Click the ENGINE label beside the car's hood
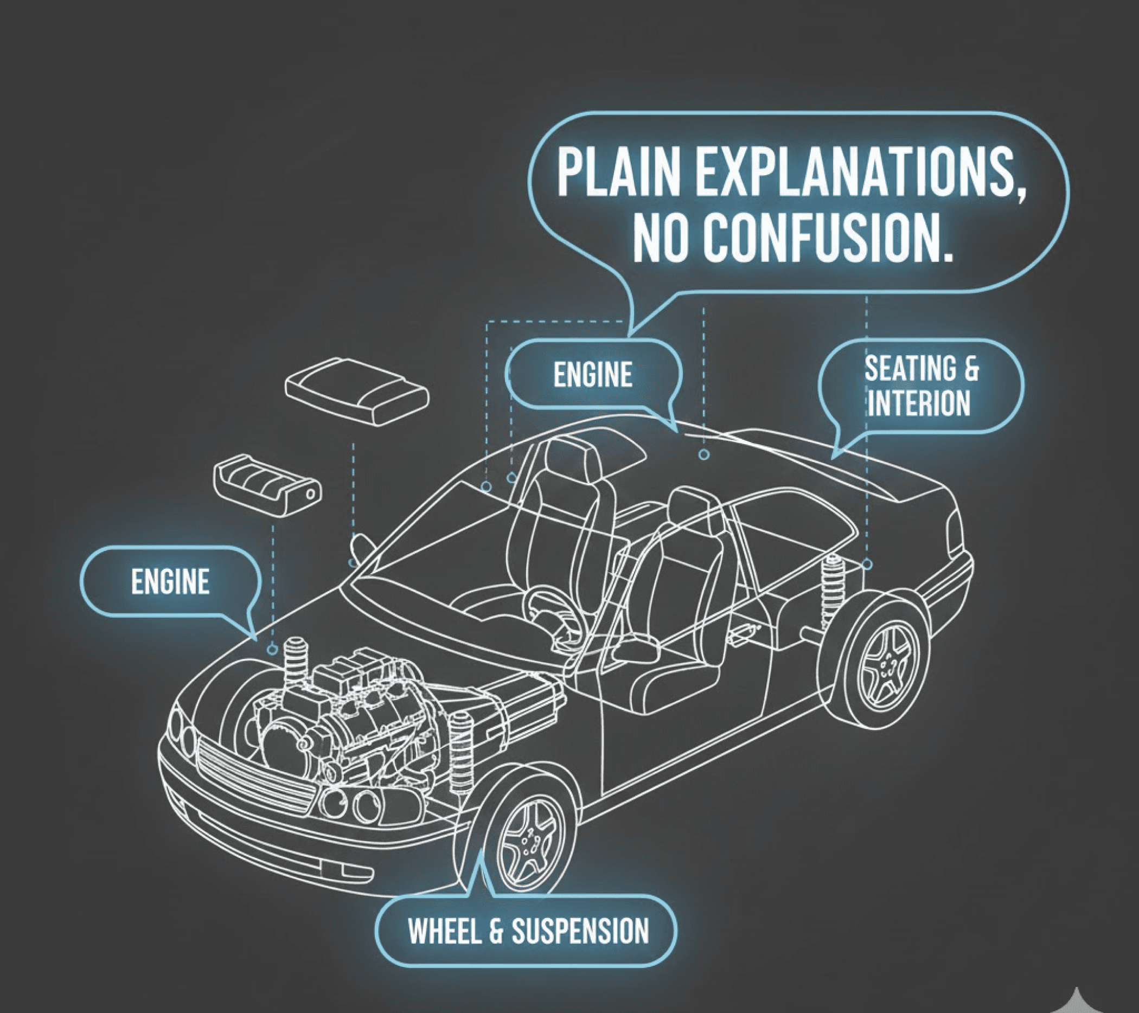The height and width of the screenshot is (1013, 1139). coord(170,582)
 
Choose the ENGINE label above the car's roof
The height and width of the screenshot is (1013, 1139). coord(593,374)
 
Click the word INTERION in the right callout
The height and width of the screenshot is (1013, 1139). coord(919,403)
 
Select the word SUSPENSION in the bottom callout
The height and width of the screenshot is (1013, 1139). coord(580,931)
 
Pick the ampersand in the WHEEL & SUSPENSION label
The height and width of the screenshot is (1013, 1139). coord(495,931)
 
